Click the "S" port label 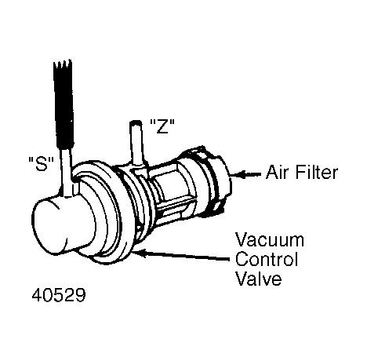click(41, 163)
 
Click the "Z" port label click(162, 126)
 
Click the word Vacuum click(270, 239)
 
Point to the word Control click(267, 259)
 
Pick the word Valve click(259, 278)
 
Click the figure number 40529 click(59, 295)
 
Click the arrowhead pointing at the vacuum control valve click(139, 253)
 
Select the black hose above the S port click(64, 104)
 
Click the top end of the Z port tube click(136, 122)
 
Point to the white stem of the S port click(67, 171)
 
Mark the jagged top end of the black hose click(63, 64)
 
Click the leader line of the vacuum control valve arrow click(187, 256)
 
